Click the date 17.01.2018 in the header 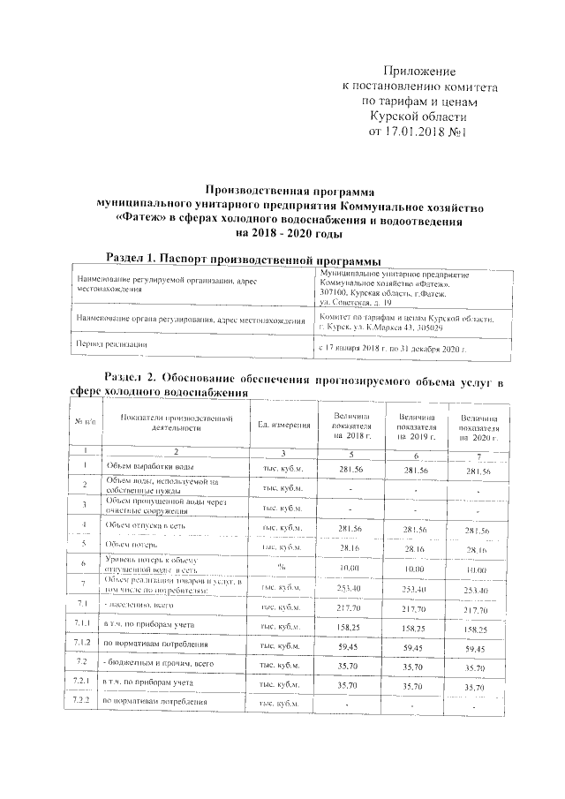pos(421,131)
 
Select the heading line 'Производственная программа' pos(289,189)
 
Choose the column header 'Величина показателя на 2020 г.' pos(479,427)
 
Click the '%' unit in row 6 pos(282,567)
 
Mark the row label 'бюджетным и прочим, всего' pos(160,663)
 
